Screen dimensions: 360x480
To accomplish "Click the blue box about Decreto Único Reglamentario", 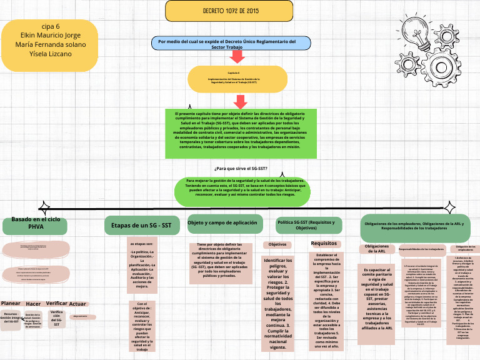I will click(x=231, y=43).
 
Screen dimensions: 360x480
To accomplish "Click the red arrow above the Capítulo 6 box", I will click(x=237, y=57).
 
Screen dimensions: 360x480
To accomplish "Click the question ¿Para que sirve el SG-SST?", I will click(x=241, y=169).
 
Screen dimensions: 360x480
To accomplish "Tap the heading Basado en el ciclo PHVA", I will click(x=36, y=224).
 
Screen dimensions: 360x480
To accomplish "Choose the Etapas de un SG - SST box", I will click(x=141, y=225).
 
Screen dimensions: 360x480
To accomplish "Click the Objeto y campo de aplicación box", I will click(x=222, y=224).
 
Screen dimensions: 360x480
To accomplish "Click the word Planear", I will click(x=11, y=303).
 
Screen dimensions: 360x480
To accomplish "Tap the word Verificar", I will click(x=56, y=303).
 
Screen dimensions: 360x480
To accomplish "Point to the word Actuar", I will click(x=78, y=304).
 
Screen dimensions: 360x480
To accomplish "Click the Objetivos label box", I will click(x=277, y=244).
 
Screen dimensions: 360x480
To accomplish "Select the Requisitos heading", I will click(x=324, y=243).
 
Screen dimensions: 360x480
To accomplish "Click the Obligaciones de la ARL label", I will click(x=377, y=249).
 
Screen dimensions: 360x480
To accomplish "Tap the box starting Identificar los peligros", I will click(x=278, y=303).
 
